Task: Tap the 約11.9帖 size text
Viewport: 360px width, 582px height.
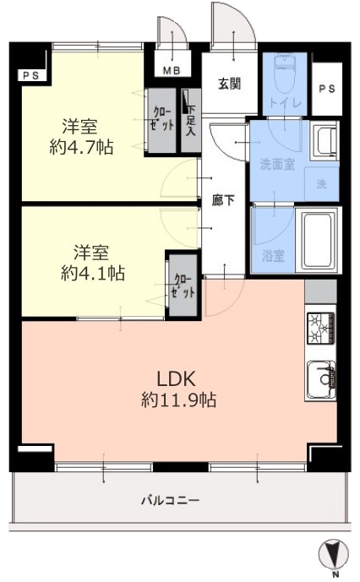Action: pyautogui.click(x=179, y=400)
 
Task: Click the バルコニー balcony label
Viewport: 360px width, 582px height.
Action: pyautogui.click(x=170, y=501)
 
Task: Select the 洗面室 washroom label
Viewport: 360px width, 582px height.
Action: pyautogui.click(x=278, y=164)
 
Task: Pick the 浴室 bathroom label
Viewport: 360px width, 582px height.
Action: pyautogui.click(x=273, y=255)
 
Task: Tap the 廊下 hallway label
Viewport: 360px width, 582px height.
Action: pyautogui.click(x=223, y=200)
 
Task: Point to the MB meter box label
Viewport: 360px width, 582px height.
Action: pyautogui.click(x=172, y=70)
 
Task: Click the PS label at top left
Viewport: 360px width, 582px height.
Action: pyautogui.click(x=30, y=76)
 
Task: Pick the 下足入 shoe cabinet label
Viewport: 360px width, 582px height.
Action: pyautogui.click(x=191, y=121)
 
